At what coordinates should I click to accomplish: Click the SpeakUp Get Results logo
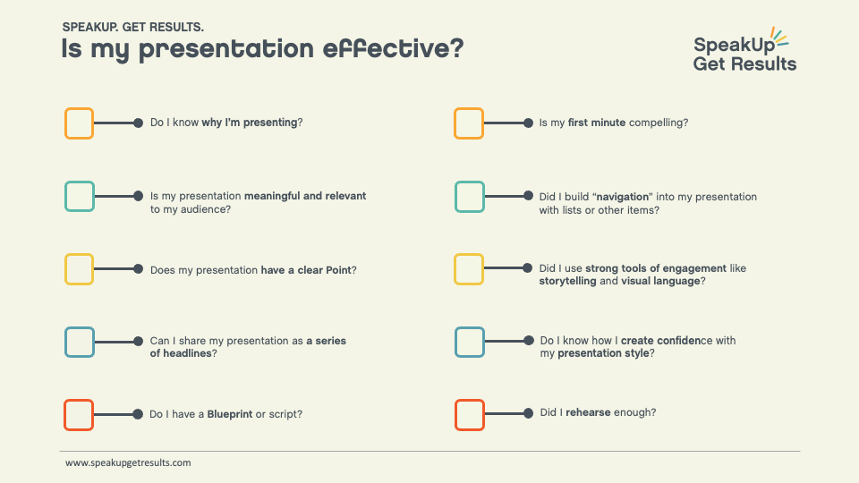pyautogui.click(x=744, y=50)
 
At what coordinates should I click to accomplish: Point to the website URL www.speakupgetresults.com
pyautogui.click(x=128, y=462)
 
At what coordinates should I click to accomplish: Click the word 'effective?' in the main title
pyautogui.click(x=393, y=48)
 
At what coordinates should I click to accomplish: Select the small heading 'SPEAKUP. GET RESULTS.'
pyautogui.click(x=133, y=27)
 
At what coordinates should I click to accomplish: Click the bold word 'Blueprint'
pyautogui.click(x=230, y=414)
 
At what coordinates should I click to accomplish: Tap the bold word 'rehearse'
pyautogui.click(x=588, y=412)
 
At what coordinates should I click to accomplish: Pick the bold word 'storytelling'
pyautogui.click(x=567, y=282)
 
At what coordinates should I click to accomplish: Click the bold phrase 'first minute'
pyautogui.click(x=597, y=123)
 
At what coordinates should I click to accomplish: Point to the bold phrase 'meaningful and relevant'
pyautogui.click(x=305, y=196)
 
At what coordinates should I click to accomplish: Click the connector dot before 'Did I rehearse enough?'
pyautogui.click(x=528, y=413)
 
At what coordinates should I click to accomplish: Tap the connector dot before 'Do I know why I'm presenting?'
pyautogui.click(x=138, y=123)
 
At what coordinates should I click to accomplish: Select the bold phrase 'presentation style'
pyautogui.click(x=603, y=354)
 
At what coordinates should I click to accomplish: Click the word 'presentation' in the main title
pyautogui.click(x=226, y=49)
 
